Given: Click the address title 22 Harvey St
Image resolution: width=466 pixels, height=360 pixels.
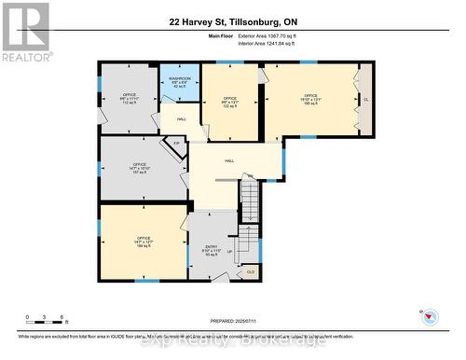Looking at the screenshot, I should pos(232,21).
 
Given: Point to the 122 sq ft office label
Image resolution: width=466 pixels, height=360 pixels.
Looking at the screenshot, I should pos(229,103).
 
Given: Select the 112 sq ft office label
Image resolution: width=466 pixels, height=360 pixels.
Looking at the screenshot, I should pos(129,100).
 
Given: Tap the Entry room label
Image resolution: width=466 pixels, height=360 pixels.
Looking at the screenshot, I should pos(211,249).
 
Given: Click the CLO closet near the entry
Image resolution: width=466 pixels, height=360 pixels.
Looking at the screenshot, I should pos(252,271).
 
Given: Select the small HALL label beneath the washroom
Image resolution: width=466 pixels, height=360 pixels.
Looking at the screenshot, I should pos(182,120).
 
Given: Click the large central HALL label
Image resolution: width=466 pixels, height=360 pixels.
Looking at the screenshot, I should pos(229,160).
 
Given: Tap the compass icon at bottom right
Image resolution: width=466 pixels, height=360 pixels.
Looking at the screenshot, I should pos(430,315).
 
